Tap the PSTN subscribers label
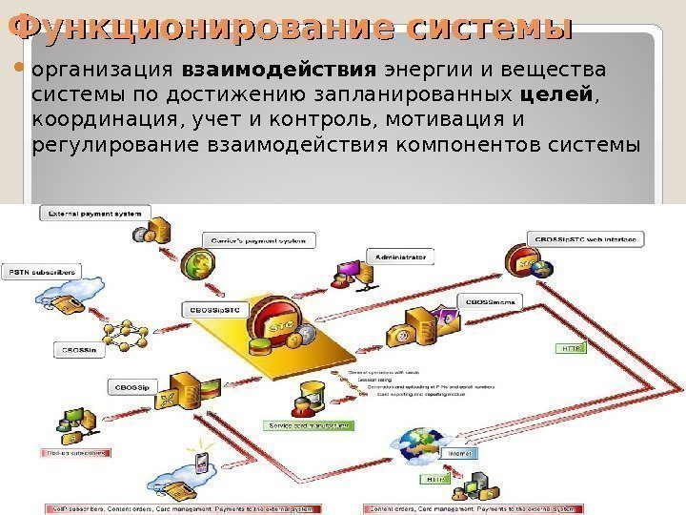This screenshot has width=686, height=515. pos(42,272)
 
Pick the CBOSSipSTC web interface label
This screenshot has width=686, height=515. pos(584,237)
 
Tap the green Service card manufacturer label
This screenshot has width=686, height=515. pos(309,425)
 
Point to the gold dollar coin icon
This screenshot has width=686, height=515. pos(199,261)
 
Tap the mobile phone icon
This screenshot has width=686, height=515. pos(201,463)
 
